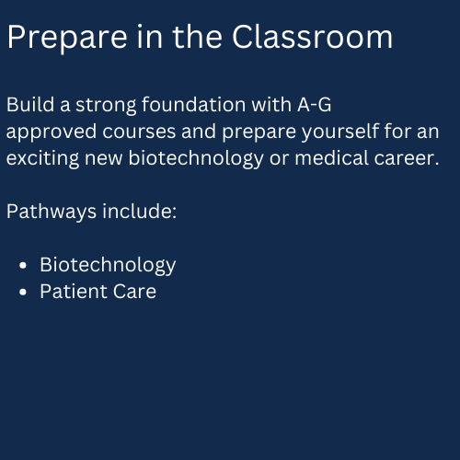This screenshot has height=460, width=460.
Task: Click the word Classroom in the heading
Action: coord(312,37)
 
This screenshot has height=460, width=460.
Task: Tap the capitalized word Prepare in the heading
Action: coord(67,39)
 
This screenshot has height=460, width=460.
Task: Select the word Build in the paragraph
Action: coord(30,105)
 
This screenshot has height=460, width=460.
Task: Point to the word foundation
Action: coord(194,105)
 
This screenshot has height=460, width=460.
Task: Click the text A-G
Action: coord(315,105)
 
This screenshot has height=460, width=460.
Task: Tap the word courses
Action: coord(139,132)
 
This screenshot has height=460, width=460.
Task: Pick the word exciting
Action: coord(42,159)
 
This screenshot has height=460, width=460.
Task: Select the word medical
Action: coord(331,158)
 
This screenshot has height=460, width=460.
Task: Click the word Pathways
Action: coord(52,213)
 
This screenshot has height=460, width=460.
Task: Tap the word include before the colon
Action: coord(136,212)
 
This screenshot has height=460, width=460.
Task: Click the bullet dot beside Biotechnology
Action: coord(23,265)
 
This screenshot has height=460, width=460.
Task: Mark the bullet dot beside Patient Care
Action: coord(23,292)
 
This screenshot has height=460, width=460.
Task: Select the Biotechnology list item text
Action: coord(108,266)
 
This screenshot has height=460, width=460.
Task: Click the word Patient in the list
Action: coord(74,292)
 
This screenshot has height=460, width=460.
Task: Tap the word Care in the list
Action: coord(134,292)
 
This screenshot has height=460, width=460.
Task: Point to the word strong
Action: coord(106,106)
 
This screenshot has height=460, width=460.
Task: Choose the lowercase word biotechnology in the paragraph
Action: coord(196,159)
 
